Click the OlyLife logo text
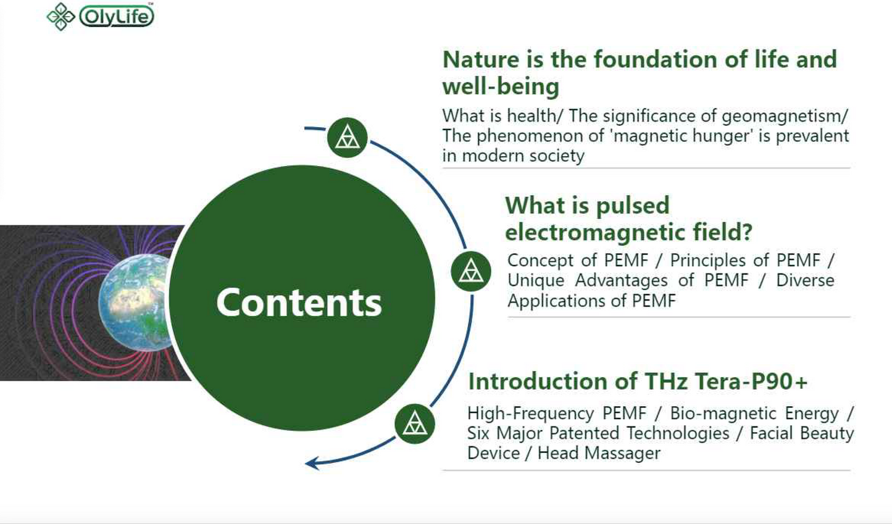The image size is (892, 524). tap(117, 17)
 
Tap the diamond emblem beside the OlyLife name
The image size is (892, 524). tap(61, 17)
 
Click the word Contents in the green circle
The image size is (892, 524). tap(299, 302)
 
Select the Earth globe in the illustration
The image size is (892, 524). tap(135, 302)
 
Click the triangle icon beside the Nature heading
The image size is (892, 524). tap(348, 138)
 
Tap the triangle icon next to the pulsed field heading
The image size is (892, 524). tap(471, 272)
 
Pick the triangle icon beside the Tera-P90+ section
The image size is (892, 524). tap(415, 424)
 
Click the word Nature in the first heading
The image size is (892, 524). tap(481, 60)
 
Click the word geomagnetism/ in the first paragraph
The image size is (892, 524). tap(785, 117)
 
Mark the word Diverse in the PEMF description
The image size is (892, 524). tap(805, 280)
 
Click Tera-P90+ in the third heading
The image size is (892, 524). tap(751, 381)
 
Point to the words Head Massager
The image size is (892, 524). tap(599, 454)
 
